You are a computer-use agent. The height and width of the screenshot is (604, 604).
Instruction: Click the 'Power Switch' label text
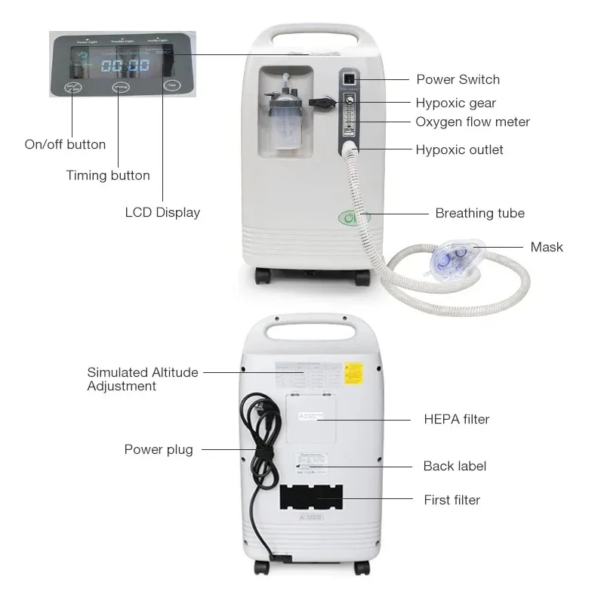pos(458,79)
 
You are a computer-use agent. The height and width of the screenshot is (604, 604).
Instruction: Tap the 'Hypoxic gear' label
pos(455,103)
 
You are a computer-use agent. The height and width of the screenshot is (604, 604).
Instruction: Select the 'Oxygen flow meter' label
pos(473,122)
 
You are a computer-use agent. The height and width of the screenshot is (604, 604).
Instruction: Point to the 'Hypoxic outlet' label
pos(459,149)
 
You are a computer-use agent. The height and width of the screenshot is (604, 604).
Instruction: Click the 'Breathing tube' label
pos(479,213)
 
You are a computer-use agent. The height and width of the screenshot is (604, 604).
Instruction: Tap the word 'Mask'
pos(547,247)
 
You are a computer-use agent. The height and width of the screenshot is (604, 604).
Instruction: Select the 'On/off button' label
pos(65,144)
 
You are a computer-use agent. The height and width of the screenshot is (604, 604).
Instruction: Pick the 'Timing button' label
pos(108,175)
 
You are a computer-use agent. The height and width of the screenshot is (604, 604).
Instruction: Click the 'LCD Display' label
pos(162,212)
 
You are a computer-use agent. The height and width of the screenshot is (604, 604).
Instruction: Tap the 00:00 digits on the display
pos(125,66)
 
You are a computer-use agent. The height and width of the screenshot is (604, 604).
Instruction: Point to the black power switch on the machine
pos(349,79)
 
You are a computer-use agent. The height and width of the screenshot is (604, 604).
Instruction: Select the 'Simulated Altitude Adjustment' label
pos(143,379)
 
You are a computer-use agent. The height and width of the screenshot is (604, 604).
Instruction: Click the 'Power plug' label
pos(159,450)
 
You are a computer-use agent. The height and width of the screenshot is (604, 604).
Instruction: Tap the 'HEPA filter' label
pos(456,419)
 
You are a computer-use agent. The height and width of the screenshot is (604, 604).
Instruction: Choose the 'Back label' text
pos(455,466)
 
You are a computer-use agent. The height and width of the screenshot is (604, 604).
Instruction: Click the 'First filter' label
pos(451,499)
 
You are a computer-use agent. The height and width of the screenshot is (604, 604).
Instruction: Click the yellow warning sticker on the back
pos(353,372)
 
